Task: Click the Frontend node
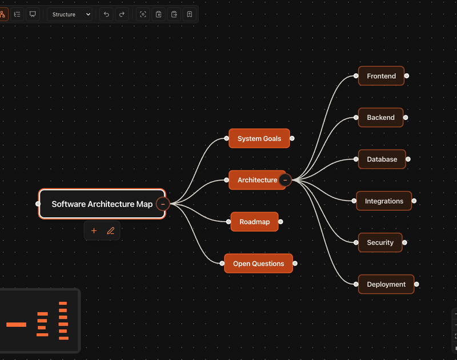point(381,76)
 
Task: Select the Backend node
point(380,118)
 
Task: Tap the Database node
point(382,159)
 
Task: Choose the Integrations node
point(384,201)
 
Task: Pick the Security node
point(380,242)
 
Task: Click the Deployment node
point(386,284)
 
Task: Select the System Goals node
point(259,138)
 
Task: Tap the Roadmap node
point(254,222)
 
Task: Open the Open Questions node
point(259,263)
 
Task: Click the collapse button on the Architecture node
point(285,180)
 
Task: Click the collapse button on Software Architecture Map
point(163,204)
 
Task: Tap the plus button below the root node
point(94,231)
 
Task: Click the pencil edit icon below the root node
point(110,231)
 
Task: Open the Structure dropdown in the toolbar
point(70,14)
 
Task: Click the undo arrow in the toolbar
point(106,14)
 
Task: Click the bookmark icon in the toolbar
point(190,14)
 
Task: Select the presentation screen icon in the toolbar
point(33,14)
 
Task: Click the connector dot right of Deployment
point(416,284)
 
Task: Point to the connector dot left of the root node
point(38,204)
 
